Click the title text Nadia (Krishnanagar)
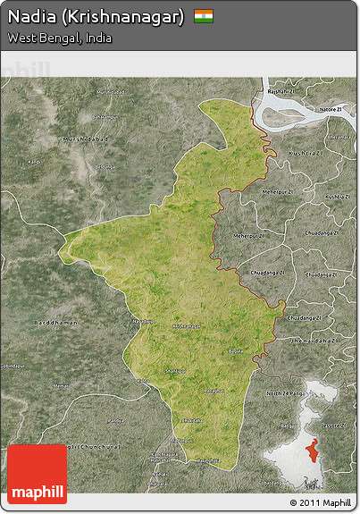pyautogui.click(x=96, y=17)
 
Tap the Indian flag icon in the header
pyautogui.click(x=204, y=16)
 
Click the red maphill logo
pyautogui.click(x=37, y=475)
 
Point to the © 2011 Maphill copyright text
pyautogui.click(x=320, y=502)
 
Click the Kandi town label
pyautogui.click(x=34, y=161)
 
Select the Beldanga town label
pyautogui.click(x=105, y=167)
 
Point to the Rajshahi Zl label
pyautogui.click(x=280, y=92)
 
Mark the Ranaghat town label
pyautogui.click(x=213, y=391)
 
